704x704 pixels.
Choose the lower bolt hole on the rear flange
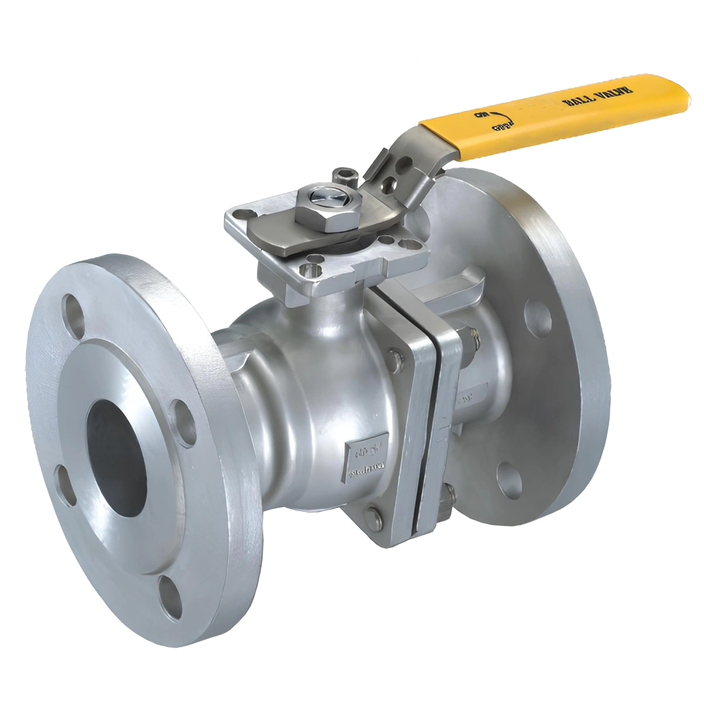[x=509, y=479]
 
